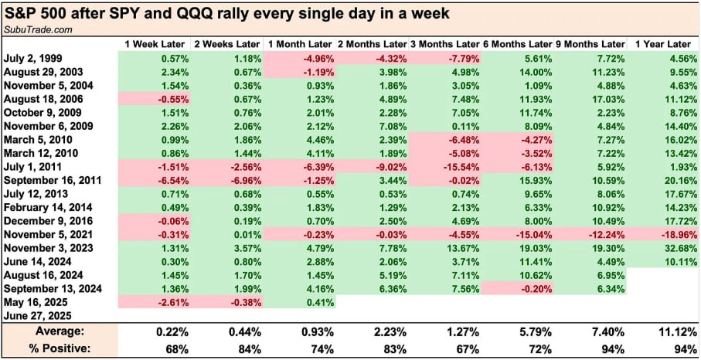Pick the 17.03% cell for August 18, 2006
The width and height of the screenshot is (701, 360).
(604, 99)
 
